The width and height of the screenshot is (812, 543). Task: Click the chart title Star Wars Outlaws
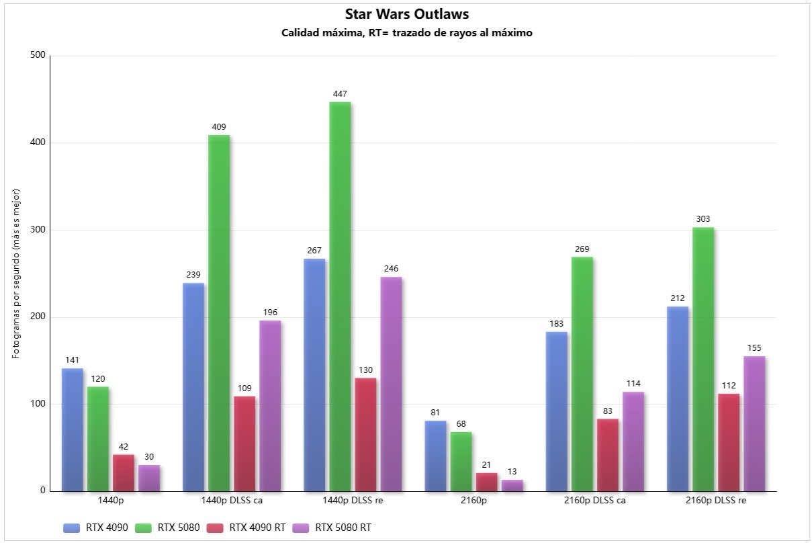406,14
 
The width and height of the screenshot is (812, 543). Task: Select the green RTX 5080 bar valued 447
340,296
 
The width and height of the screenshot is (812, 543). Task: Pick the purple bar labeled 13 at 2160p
512,485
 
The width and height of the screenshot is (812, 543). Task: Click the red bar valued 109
244,444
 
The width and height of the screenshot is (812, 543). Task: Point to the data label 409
219,126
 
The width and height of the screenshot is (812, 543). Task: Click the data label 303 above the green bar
703,218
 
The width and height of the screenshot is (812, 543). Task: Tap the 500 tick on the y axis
38,56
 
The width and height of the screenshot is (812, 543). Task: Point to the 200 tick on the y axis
38,317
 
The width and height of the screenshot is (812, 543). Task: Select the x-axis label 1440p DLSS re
353,501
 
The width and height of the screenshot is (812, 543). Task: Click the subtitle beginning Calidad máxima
406,33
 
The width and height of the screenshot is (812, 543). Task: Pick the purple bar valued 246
391,383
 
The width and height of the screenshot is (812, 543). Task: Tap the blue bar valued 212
678,398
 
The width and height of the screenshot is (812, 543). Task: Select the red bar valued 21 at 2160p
487,482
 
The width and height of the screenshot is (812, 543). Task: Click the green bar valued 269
582,373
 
